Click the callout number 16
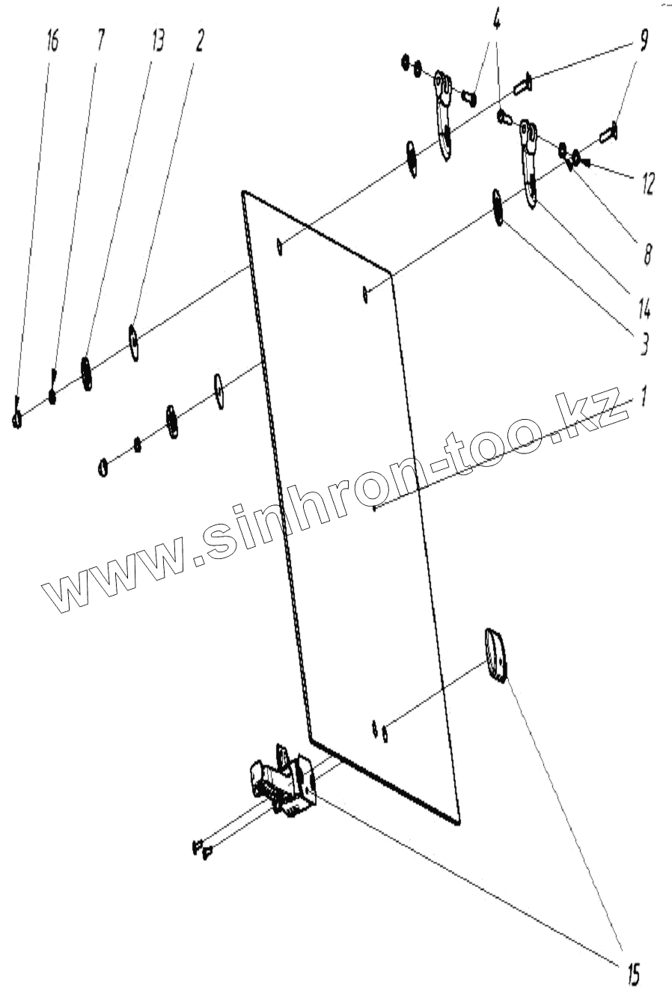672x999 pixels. [51, 42]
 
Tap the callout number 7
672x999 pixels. [101, 42]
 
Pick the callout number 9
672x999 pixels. [642, 42]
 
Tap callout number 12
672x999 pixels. [645, 183]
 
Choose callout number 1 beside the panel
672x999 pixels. [642, 397]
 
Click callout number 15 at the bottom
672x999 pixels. [632, 972]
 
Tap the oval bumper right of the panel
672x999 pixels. [495, 655]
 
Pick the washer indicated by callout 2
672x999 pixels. [134, 342]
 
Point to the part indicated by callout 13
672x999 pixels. [86, 372]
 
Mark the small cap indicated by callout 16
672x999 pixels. [16, 419]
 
